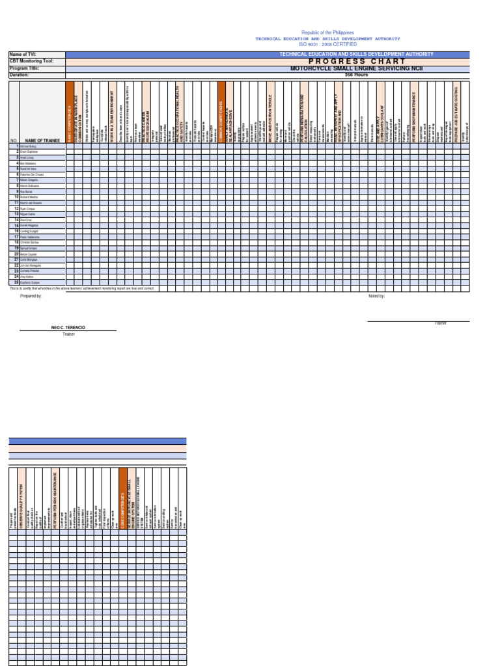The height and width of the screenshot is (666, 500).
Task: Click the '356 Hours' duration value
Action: point(352,75)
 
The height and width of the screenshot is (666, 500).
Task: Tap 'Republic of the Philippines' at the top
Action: point(327,33)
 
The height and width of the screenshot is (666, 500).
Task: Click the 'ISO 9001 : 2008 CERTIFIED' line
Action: point(327,44)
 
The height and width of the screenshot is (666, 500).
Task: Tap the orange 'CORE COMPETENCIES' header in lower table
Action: point(123,501)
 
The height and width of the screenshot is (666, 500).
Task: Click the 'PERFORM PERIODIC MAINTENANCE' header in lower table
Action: point(55,501)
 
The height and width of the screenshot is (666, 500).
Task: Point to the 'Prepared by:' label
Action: point(31,296)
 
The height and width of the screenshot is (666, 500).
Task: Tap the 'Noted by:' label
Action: point(376,296)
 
